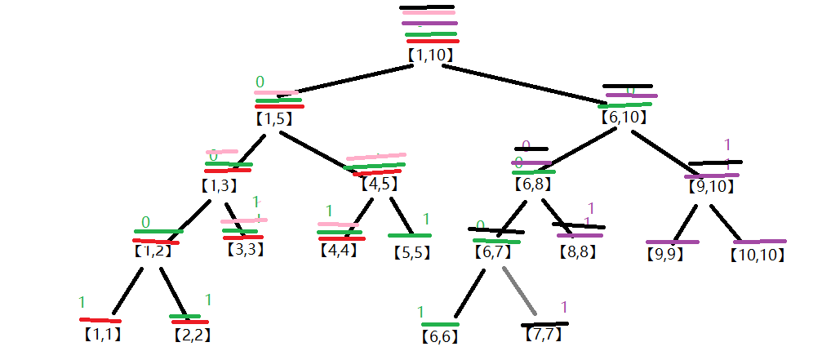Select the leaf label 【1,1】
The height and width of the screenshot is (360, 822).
click(101, 334)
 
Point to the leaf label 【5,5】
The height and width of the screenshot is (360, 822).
click(410, 252)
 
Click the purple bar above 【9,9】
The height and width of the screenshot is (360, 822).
click(672, 242)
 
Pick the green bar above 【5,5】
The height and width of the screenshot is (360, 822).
click(409, 236)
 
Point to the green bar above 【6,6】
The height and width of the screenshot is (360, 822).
click(440, 324)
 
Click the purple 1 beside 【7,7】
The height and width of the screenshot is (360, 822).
click(563, 308)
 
